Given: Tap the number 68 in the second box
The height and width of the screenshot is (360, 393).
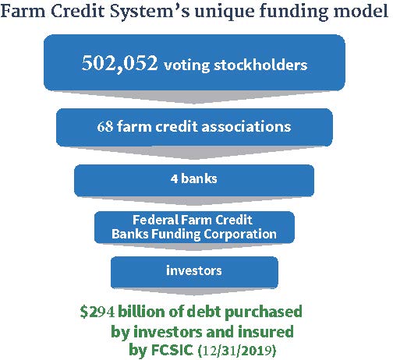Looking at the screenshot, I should [x=104, y=125].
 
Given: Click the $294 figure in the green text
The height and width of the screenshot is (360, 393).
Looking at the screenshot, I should [x=98, y=312].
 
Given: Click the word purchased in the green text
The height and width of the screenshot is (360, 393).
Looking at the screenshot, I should [x=264, y=312].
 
